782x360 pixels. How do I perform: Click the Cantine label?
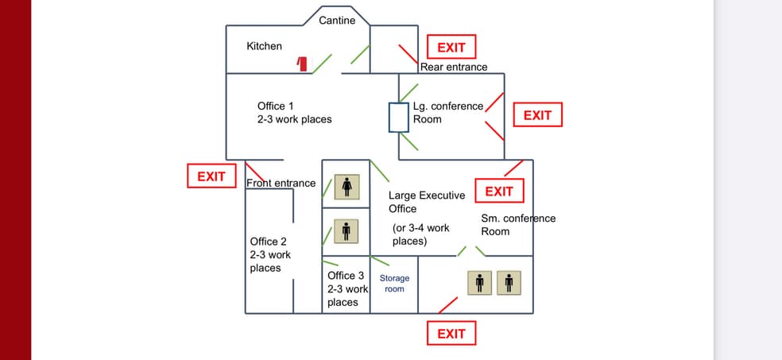337,20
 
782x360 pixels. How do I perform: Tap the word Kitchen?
264,46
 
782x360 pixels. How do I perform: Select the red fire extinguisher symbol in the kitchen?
303,64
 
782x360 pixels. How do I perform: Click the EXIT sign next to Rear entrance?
451,48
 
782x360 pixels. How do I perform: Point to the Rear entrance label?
454,67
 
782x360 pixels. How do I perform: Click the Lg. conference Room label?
447,113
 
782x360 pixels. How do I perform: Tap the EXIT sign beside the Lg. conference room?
537,115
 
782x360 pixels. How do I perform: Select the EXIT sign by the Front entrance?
211,176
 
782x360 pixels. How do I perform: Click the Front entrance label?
281,184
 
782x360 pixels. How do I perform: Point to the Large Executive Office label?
426,202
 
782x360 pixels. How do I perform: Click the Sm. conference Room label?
518,225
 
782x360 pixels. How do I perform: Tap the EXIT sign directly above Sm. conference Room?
499,192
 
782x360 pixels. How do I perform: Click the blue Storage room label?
394,284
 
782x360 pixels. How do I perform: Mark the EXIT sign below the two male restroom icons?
451,334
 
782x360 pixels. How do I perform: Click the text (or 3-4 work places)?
420,234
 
